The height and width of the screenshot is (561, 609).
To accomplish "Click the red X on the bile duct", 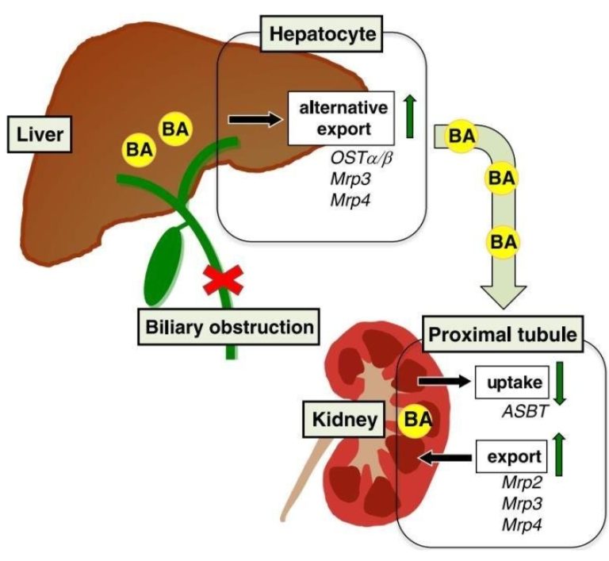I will (222, 279).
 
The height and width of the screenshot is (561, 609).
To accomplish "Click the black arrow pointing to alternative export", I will (254, 120).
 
